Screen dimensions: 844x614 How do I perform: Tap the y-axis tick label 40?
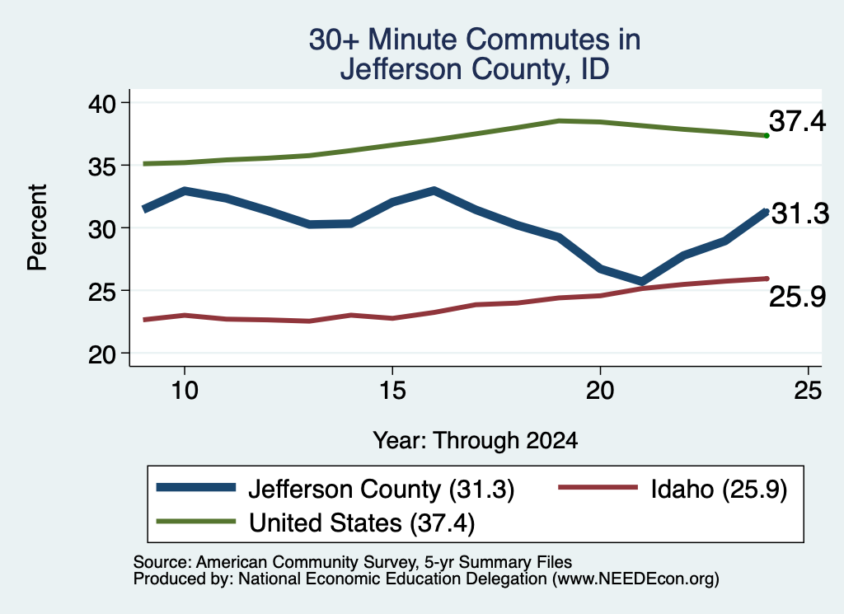[101, 103]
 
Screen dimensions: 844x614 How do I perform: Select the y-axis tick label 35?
[101, 166]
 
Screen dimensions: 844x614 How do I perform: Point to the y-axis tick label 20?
[101, 354]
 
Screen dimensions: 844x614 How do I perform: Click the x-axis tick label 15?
[392, 390]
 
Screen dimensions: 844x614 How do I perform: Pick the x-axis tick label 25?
[808, 390]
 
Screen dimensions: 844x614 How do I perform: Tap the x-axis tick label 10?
[185, 390]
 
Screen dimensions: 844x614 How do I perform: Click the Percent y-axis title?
[38, 227]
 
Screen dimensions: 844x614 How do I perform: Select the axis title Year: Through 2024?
[476, 440]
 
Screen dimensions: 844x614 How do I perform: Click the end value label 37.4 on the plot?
[797, 120]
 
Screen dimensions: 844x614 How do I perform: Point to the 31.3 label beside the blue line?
[800, 213]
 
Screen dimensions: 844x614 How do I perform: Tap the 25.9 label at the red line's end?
[797, 297]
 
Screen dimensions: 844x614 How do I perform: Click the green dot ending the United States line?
[767, 136]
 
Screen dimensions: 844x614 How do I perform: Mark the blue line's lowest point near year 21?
[641, 281]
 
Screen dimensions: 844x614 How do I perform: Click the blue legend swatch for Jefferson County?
[196, 488]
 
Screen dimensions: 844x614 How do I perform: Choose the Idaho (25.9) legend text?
[719, 489]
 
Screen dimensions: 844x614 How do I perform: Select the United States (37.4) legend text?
[362, 523]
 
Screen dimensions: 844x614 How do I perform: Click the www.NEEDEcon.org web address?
[635, 579]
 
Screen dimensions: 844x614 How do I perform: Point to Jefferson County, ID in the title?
[475, 69]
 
